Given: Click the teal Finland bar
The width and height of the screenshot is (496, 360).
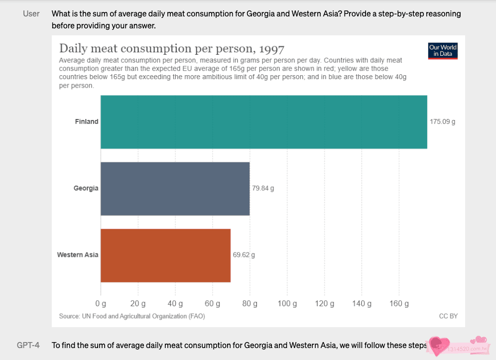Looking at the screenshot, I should (264, 121).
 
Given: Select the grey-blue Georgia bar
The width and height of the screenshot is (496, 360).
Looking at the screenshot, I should (175, 188).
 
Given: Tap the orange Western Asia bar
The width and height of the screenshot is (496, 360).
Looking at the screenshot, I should (165, 255).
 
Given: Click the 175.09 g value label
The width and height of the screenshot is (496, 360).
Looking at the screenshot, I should (442, 121).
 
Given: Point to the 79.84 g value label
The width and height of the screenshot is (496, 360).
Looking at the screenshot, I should (263, 188).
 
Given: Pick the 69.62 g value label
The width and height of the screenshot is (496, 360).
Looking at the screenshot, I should (244, 255).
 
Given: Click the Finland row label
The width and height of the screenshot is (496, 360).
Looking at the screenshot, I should (87, 121).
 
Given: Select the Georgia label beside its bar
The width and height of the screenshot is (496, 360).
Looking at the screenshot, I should (86, 188).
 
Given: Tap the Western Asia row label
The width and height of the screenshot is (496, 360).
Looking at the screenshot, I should (78, 255).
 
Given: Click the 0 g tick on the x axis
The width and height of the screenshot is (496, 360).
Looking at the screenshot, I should (101, 303).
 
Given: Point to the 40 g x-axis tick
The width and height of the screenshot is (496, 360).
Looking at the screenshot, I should (175, 303).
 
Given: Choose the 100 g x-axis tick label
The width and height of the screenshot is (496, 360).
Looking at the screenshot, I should (287, 303).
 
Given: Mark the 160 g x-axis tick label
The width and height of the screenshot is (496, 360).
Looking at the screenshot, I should (399, 303).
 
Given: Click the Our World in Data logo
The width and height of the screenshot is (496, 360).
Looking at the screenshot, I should (443, 51).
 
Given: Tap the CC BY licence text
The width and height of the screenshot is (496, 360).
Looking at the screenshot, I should (448, 316).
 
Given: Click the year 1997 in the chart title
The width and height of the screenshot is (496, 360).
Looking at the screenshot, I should (271, 49).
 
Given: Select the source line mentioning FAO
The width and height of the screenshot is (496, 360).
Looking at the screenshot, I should (131, 316).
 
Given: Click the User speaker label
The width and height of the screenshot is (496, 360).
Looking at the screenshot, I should (31, 13).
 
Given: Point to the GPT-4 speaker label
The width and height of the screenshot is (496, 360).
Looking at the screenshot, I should (28, 345).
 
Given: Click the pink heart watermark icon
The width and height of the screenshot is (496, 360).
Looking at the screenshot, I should (439, 345).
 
